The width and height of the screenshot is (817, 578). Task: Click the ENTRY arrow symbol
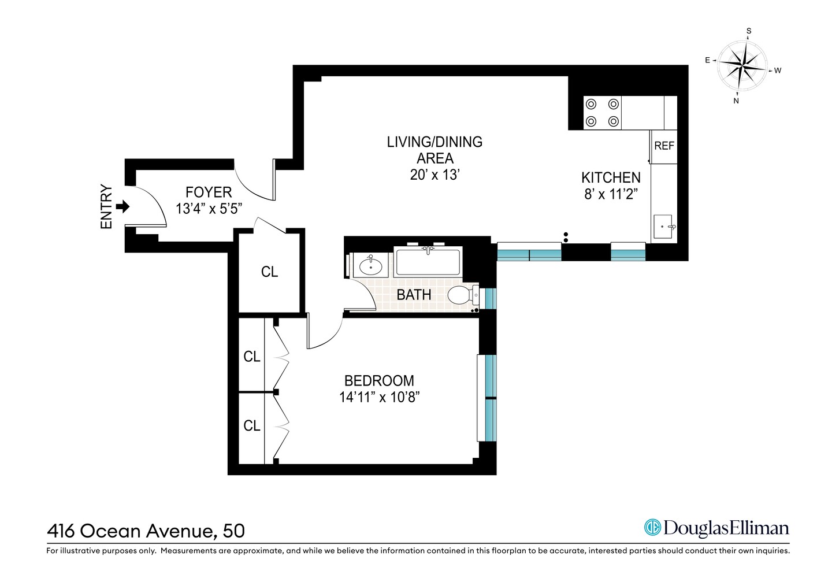122,207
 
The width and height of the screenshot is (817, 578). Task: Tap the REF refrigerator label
664,146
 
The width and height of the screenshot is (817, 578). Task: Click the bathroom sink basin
370,266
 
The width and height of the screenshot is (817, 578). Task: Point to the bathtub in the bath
428,262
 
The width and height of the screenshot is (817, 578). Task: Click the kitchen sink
663,227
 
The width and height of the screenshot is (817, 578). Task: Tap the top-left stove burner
591,105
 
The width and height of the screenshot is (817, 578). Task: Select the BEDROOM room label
379,381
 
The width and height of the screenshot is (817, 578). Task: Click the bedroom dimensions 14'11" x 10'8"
379,397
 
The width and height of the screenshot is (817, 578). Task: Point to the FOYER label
209,192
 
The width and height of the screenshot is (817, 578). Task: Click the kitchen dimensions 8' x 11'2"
610,194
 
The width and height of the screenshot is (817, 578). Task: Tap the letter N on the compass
736,101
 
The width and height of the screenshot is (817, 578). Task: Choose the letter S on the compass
749,31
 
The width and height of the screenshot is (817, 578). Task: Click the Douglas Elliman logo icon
652,527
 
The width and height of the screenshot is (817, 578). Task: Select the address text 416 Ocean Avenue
133,531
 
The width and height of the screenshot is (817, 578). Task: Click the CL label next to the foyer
269,272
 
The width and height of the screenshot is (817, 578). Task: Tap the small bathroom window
491,298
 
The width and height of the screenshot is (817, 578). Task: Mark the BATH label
414,295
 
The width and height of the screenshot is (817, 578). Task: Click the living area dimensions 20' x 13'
435,175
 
